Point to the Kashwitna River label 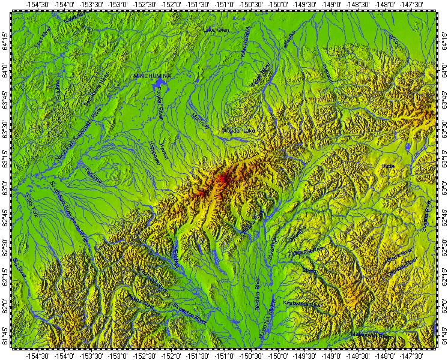[x=303, y=304]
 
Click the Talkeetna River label [x=310, y=249]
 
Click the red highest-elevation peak [x=223, y=178]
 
